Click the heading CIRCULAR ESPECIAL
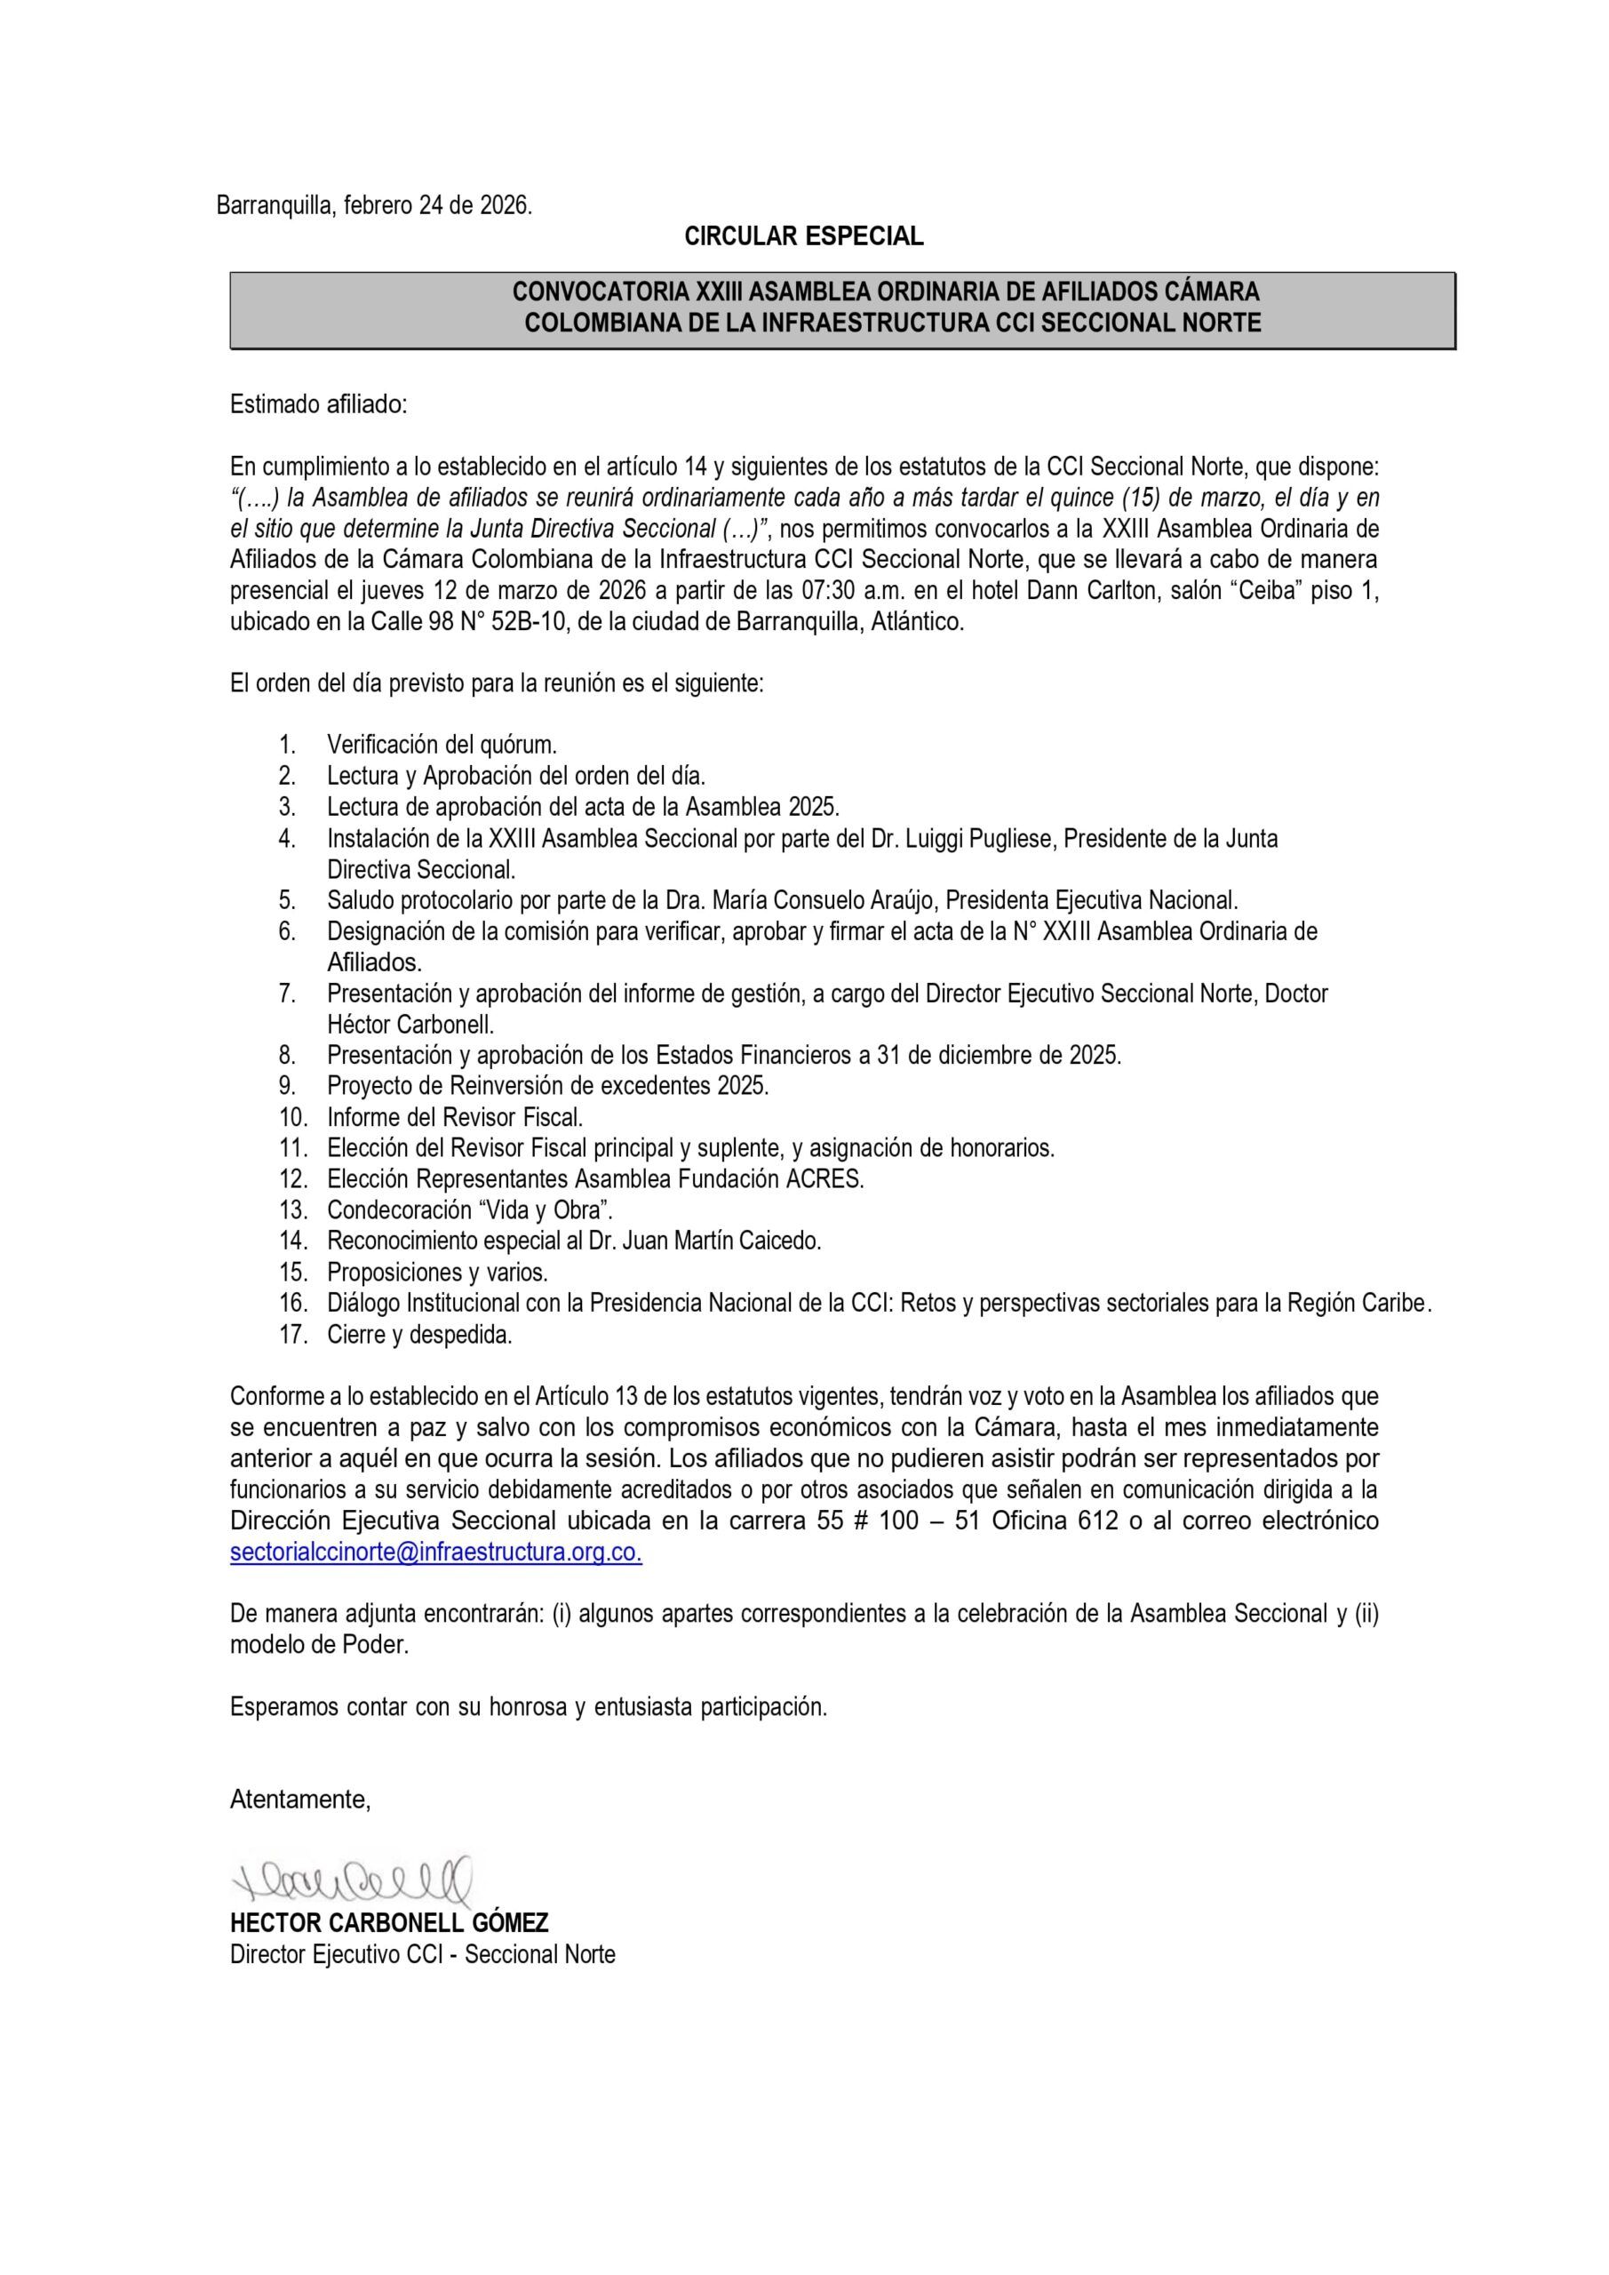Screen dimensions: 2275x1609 803,236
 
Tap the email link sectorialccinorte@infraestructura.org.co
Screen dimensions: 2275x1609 435,1552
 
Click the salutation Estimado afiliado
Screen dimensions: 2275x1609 318,404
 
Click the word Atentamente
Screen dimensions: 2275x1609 300,1800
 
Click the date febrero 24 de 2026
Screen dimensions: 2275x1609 437,206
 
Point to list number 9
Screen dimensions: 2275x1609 287,1086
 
